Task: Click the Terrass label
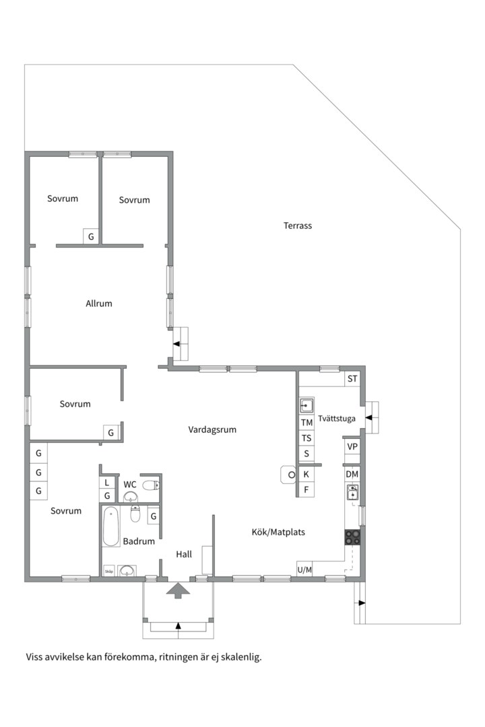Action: [x=298, y=226]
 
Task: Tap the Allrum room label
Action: [x=99, y=304]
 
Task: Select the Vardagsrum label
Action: [x=212, y=429]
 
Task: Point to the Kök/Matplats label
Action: [x=278, y=532]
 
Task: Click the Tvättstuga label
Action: [x=337, y=419]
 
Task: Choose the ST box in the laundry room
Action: [x=352, y=379]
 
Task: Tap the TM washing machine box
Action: [x=306, y=422]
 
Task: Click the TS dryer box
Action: [x=306, y=438]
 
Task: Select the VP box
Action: [x=352, y=446]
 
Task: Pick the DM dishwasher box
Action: [x=352, y=475]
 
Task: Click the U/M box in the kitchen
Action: [x=304, y=569]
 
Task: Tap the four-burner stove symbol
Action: [x=352, y=537]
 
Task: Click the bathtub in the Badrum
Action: [x=111, y=526]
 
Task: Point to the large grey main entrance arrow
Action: [x=179, y=590]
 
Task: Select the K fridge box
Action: [x=306, y=475]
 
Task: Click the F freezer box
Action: [x=306, y=489]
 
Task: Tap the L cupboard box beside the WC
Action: [x=106, y=483]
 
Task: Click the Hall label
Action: [x=184, y=554]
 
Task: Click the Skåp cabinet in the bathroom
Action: [x=109, y=572]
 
